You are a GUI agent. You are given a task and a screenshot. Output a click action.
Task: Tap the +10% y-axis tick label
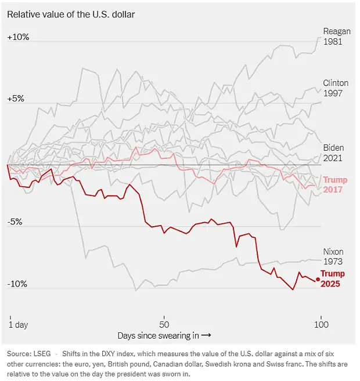(18, 37)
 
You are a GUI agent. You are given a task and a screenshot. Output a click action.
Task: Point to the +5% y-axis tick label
(16, 99)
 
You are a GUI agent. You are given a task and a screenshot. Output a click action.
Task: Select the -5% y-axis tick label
(15, 222)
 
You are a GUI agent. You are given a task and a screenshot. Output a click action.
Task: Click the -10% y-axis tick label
(17, 284)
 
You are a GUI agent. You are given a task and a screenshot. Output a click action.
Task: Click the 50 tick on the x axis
(164, 324)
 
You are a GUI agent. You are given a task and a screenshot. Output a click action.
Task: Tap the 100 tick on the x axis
(321, 324)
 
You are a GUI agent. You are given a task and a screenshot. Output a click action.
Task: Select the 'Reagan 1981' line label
(336, 37)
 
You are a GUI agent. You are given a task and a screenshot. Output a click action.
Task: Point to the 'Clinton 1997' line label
(336, 88)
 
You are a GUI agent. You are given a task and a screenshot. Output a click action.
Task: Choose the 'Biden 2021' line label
(333, 153)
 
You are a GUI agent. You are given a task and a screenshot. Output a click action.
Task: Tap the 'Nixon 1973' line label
(333, 256)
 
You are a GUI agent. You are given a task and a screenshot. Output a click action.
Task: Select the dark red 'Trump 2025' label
(333, 279)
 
